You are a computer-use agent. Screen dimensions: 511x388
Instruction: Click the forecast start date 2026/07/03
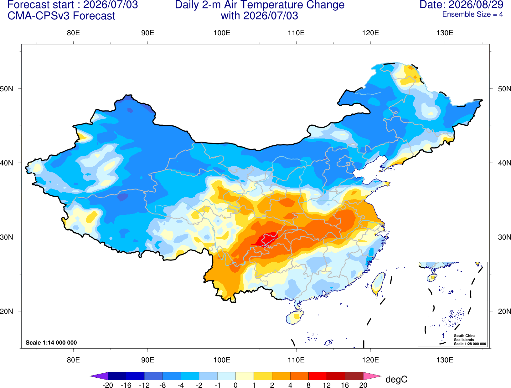110,5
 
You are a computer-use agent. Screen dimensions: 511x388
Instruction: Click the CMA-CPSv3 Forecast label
61,16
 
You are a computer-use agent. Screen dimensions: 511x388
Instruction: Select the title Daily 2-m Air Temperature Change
260,5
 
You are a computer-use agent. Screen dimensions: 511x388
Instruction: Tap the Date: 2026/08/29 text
461,5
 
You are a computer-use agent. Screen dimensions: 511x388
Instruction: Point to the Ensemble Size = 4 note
472,14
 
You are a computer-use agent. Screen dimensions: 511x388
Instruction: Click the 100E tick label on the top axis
222,33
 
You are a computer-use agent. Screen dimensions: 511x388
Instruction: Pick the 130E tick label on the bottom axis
445,360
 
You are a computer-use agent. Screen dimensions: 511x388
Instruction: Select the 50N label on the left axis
7,88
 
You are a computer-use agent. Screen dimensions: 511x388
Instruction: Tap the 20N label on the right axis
504,311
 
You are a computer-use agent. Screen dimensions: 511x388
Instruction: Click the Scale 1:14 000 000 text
51,342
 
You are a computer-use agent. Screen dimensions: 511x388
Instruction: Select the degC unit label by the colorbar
396,379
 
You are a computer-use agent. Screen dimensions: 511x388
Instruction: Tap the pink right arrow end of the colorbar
372,376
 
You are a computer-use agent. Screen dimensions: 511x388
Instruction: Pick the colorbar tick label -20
108,385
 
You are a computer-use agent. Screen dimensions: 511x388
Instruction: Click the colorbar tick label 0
235,385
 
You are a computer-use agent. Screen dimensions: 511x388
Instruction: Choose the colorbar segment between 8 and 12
317,376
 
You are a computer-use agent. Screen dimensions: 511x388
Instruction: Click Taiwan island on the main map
378,284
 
